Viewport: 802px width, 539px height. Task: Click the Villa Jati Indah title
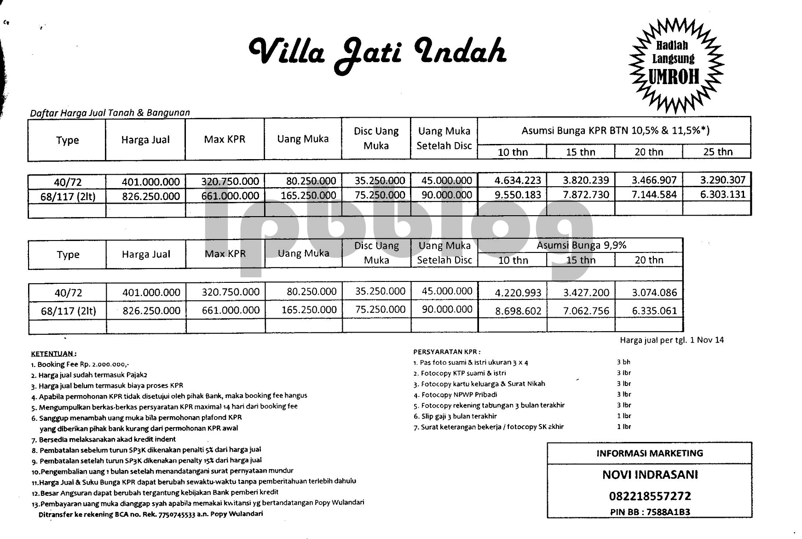point(377,53)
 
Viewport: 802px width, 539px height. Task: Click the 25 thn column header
point(717,152)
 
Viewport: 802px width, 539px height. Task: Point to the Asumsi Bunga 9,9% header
point(581,245)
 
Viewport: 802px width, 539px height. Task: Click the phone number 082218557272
point(650,496)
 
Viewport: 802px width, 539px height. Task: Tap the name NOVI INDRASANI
point(650,475)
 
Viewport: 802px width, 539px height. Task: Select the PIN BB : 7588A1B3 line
point(650,512)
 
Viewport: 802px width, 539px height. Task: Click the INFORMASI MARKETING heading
point(650,453)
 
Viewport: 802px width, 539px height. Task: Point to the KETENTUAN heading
point(53,354)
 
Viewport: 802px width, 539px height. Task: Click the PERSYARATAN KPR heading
point(446,352)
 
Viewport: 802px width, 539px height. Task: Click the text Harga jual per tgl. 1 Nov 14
point(672,340)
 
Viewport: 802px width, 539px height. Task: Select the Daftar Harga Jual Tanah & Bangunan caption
point(110,113)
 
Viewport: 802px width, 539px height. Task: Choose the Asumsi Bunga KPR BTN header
point(615,131)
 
